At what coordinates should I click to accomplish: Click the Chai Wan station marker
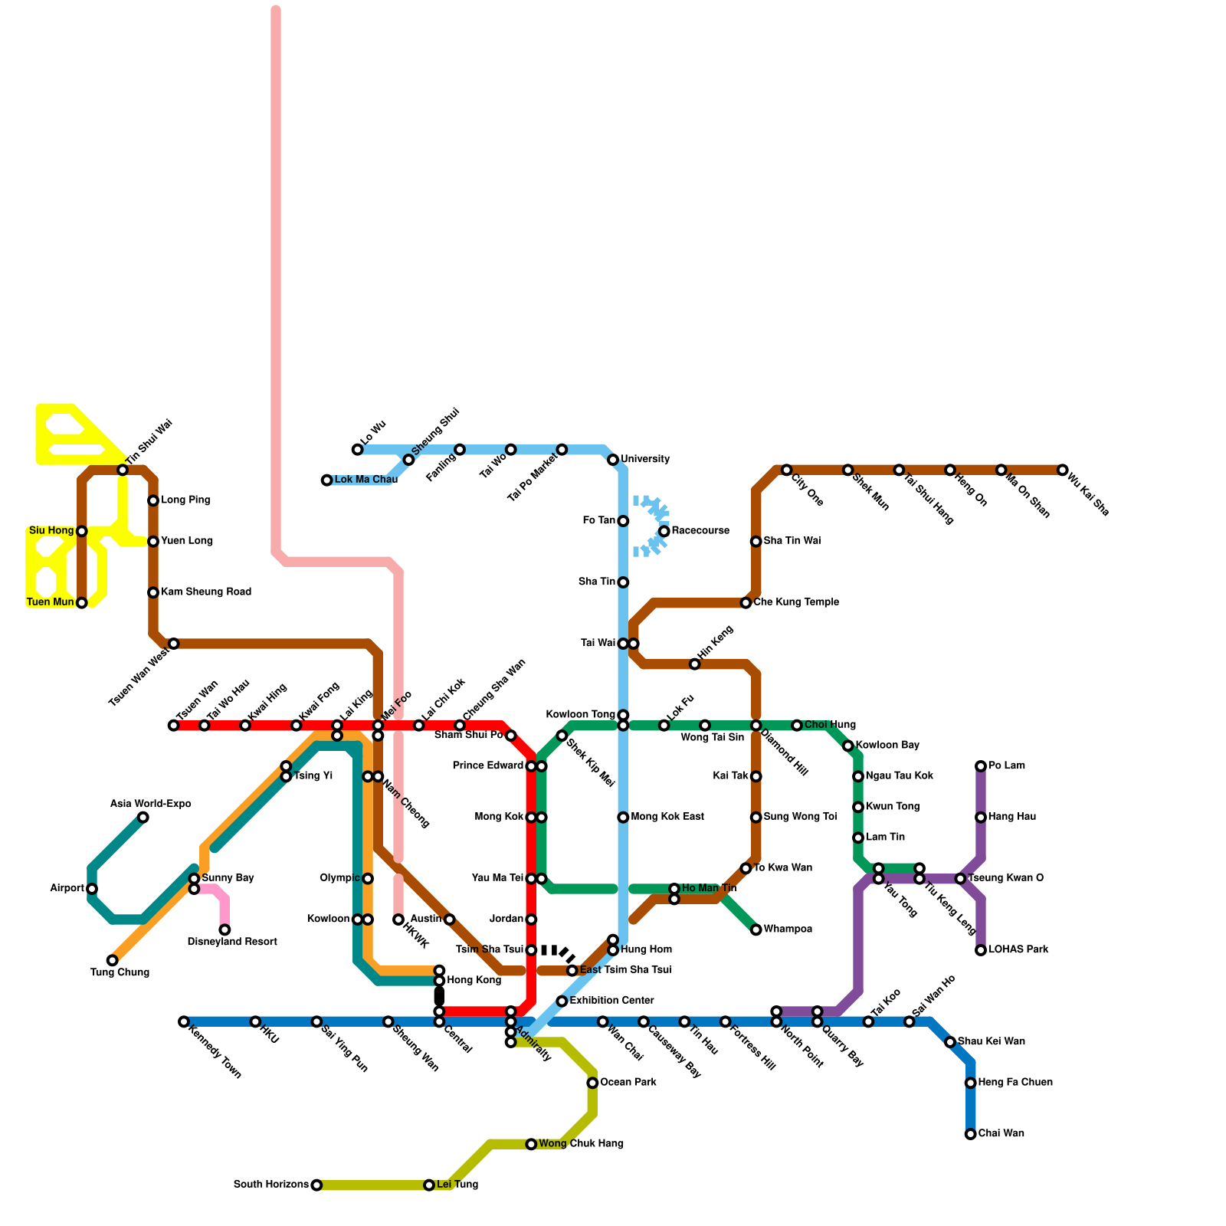(x=970, y=1134)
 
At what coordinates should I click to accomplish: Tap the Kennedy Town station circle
(x=184, y=1021)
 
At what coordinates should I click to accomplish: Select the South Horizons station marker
(x=316, y=1185)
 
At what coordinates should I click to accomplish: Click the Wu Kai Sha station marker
(x=1062, y=470)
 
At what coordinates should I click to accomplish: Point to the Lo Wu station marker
(x=357, y=450)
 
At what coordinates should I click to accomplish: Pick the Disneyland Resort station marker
(x=225, y=929)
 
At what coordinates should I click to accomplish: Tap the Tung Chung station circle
(x=113, y=960)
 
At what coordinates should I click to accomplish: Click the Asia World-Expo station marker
(x=143, y=818)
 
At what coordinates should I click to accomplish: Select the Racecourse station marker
(x=664, y=531)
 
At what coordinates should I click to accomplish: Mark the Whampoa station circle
(x=756, y=929)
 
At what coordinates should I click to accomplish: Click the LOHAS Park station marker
(x=981, y=950)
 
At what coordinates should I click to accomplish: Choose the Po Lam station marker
(x=981, y=766)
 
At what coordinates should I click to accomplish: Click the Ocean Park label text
(x=628, y=1083)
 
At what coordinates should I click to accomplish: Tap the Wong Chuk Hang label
(x=581, y=1144)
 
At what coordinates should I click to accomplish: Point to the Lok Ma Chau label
(x=366, y=480)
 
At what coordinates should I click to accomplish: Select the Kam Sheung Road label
(x=206, y=592)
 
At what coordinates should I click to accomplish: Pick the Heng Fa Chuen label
(x=1015, y=1083)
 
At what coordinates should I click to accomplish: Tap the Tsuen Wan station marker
(x=174, y=726)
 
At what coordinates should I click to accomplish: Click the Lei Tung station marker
(x=429, y=1185)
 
